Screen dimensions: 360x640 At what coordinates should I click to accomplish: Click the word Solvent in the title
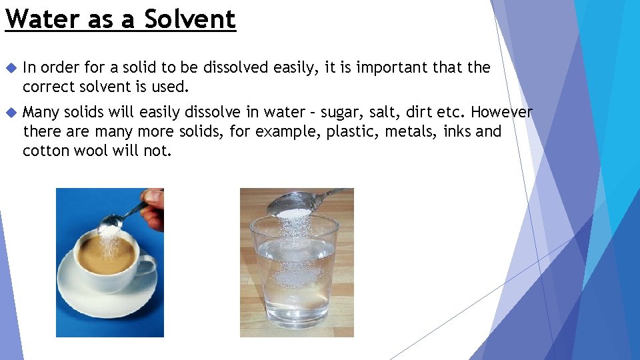[x=190, y=19]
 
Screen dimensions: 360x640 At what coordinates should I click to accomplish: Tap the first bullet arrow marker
[x=9, y=68]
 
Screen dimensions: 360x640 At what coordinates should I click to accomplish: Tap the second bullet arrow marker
[x=9, y=112]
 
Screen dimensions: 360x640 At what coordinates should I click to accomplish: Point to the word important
[x=393, y=67]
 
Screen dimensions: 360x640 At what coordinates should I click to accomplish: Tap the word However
[x=501, y=112]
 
